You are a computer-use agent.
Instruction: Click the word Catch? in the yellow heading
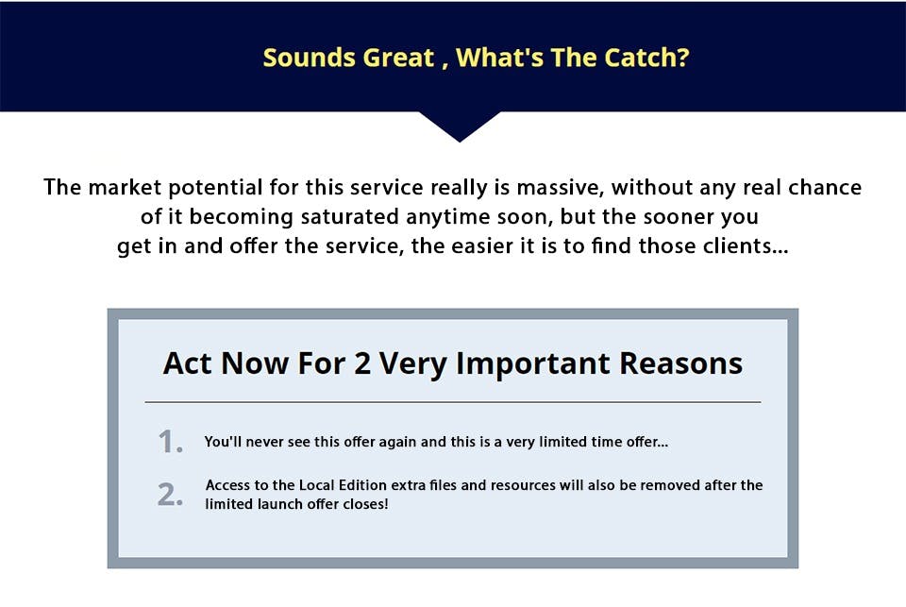pyautogui.click(x=646, y=58)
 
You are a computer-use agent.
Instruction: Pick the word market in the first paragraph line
pyautogui.click(x=125, y=187)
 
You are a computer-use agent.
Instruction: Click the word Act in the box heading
pyautogui.click(x=187, y=363)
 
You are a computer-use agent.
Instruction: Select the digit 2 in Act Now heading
pyautogui.click(x=362, y=363)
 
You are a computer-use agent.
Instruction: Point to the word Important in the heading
pyautogui.click(x=532, y=364)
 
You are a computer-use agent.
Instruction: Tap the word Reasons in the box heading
pyautogui.click(x=681, y=363)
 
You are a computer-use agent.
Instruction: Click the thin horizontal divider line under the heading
pyautogui.click(x=453, y=402)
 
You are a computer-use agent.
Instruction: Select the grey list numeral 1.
pyautogui.click(x=171, y=442)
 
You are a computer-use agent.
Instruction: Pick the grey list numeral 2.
pyautogui.click(x=171, y=495)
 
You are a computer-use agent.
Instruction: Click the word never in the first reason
pyautogui.click(x=266, y=442)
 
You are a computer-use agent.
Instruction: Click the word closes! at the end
pyautogui.click(x=366, y=504)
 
